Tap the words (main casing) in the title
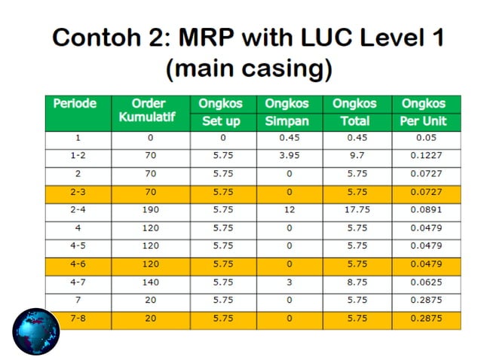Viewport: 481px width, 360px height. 249,69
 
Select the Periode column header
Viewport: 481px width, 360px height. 75,104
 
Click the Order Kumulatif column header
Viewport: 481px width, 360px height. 148,112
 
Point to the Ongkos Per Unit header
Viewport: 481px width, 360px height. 424,112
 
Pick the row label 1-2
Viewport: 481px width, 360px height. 78,157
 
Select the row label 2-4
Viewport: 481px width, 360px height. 78,211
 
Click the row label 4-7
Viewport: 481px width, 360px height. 78,283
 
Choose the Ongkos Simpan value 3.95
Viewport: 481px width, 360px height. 290,157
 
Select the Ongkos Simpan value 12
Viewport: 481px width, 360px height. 290,211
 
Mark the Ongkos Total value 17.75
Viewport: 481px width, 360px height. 357,211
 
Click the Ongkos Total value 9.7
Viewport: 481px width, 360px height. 357,157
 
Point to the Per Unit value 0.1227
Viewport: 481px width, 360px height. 424,157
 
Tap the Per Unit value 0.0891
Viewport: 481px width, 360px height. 424,211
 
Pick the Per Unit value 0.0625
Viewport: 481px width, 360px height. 424,283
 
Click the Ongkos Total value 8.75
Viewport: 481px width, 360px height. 357,283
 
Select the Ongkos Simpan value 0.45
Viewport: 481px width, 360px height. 290,139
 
